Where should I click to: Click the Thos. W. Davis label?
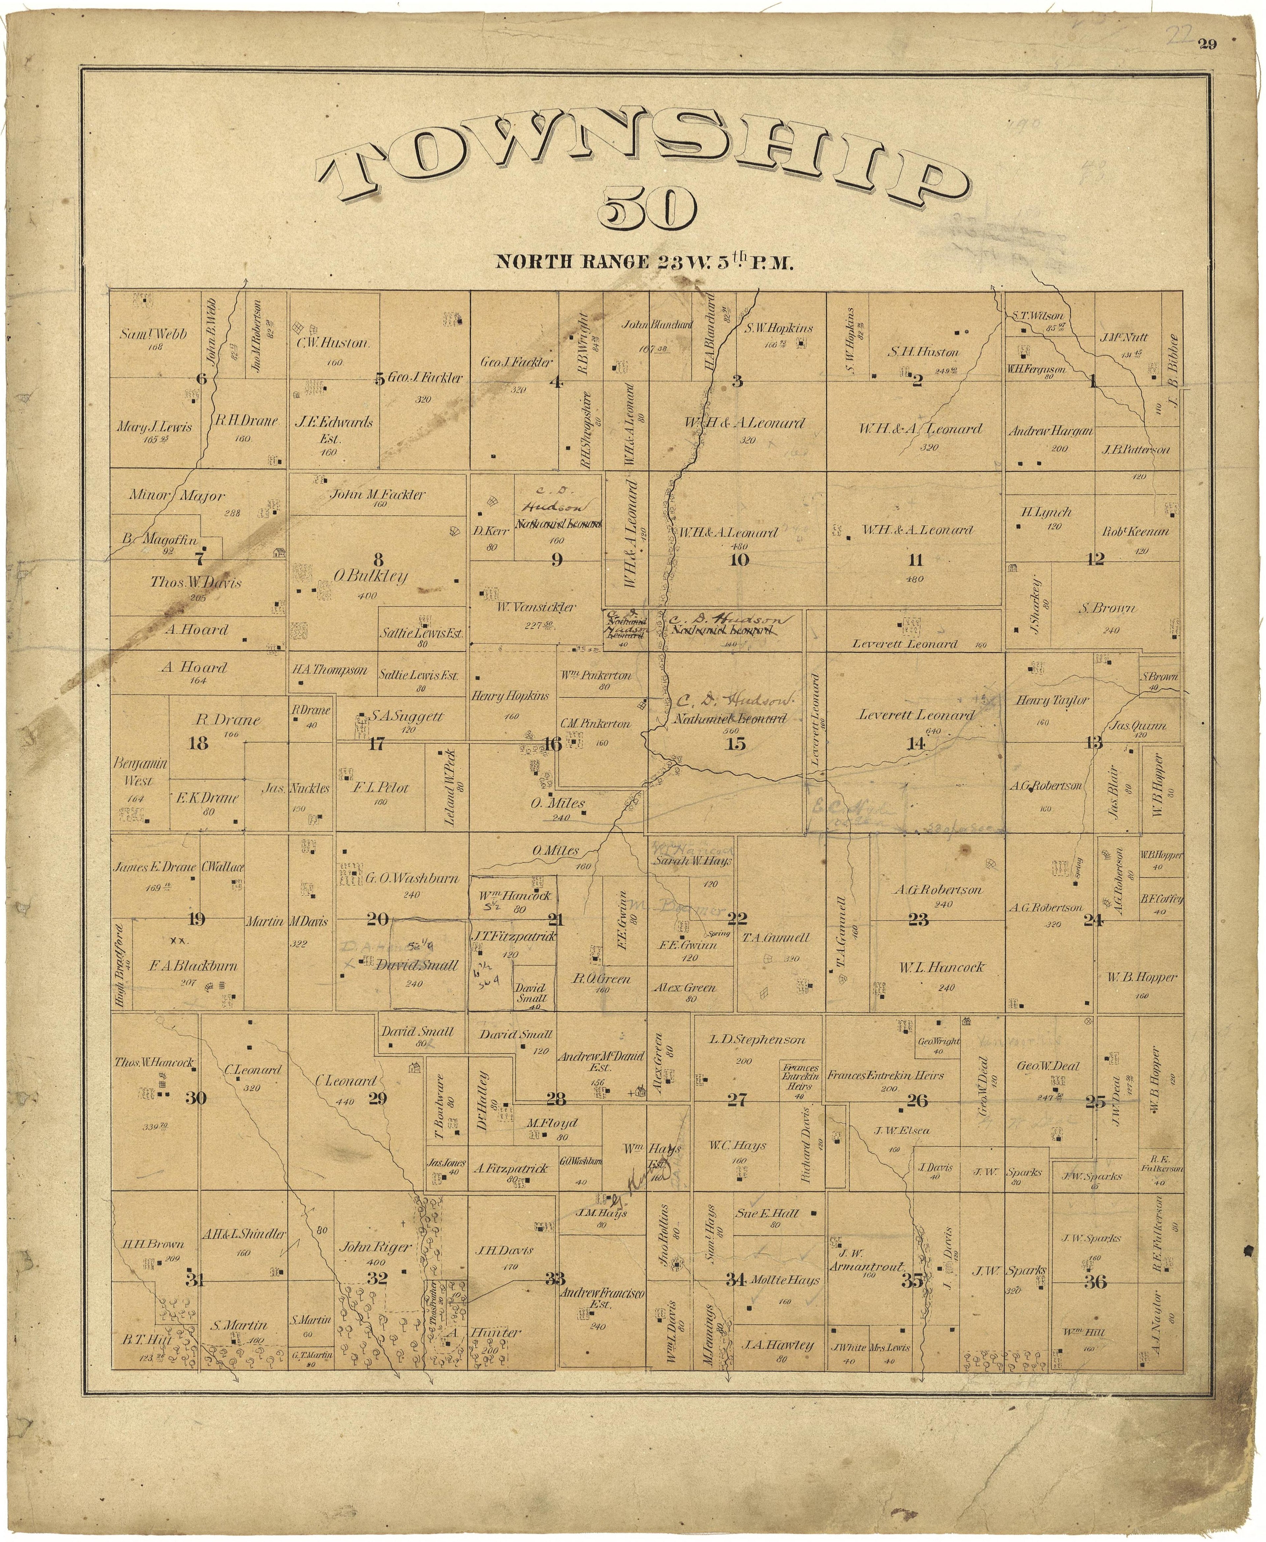tap(196, 583)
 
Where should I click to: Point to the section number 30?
tap(196, 1098)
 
